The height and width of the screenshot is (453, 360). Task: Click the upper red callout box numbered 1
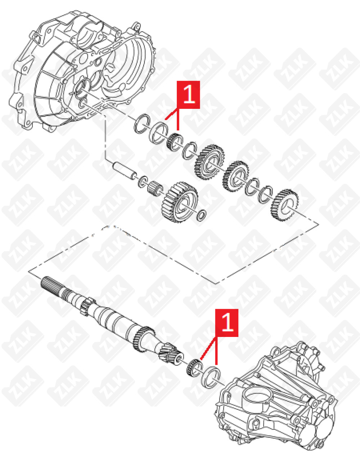pyautogui.click(x=188, y=95)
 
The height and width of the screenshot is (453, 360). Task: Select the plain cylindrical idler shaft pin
pyautogui.click(x=125, y=171)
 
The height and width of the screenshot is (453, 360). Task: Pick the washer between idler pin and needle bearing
pyautogui.click(x=143, y=182)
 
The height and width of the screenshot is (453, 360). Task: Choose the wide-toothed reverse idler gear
pyautogui.click(x=180, y=202)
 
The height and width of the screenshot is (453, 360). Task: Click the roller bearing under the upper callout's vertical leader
pyautogui.click(x=175, y=142)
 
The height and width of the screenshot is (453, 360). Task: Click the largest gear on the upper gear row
pyautogui.click(x=210, y=162)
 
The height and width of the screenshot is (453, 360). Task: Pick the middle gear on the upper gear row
pyautogui.click(x=236, y=176)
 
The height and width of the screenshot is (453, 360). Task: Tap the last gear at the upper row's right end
pyautogui.click(x=285, y=205)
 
